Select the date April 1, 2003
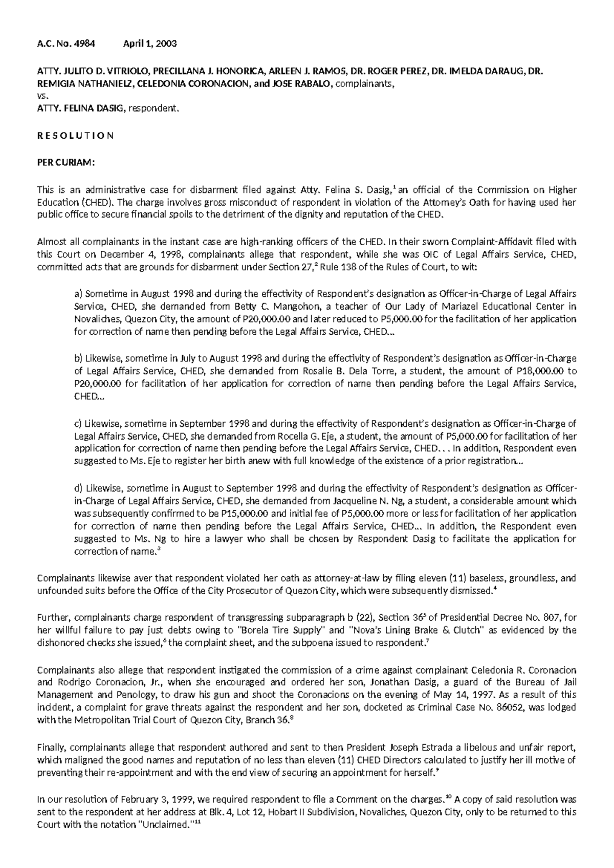pos(150,44)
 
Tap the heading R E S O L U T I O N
pos(76,136)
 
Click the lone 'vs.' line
pos(43,96)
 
